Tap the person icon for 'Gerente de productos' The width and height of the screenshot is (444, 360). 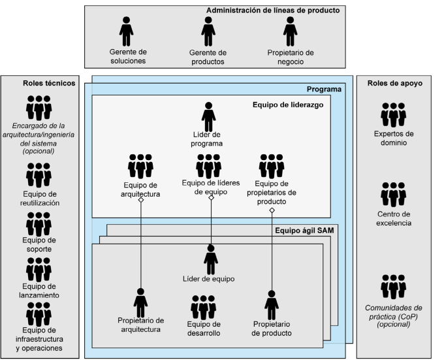(208, 31)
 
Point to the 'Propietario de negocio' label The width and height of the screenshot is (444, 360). (291, 57)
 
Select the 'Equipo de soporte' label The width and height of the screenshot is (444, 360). (39, 244)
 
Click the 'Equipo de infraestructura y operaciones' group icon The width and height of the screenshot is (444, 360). (39, 314)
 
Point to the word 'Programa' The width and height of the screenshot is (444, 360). (325, 89)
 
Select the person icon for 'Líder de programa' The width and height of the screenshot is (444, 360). (208, 117)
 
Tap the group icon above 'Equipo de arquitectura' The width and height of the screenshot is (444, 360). (140, 166)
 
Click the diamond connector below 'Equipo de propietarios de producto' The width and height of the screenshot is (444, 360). (272, 210)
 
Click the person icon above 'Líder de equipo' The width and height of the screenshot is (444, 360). (211, 260)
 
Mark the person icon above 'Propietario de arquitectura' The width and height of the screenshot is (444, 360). (140, 302)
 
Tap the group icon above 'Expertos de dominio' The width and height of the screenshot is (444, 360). (393, 115)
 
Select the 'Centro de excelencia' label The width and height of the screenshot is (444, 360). (393, 219)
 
